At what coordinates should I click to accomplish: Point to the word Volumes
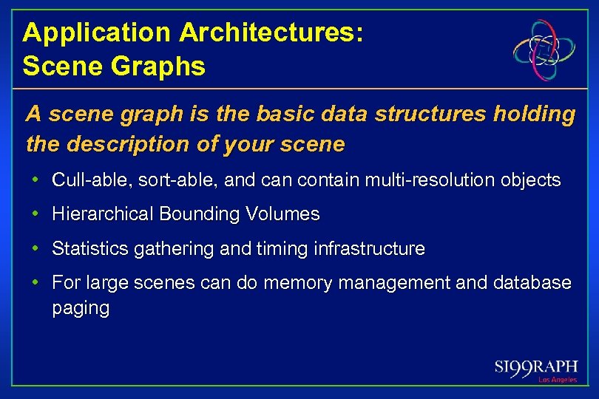coord(282,214)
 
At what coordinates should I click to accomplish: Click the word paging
coord(80,308)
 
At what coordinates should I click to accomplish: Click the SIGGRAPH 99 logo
coord(535,367)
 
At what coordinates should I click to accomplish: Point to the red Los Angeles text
coord(557,380)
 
